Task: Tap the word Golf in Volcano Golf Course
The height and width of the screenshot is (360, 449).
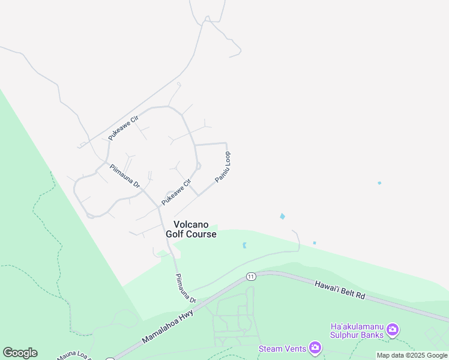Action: point(177,234)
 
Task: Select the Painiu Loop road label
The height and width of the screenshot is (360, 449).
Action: point(223,167)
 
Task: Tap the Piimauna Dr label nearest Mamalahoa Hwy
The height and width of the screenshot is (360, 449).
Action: point(185,289)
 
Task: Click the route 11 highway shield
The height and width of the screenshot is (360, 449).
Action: point(250,276)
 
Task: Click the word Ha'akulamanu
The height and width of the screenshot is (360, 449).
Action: point(356,326)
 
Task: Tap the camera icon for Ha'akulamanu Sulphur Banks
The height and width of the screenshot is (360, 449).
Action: point(393,329)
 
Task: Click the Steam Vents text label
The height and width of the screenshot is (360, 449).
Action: point(282,348)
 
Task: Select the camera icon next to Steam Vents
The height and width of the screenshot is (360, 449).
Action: point(315,348)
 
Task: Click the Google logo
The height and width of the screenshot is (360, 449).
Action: point(20,353)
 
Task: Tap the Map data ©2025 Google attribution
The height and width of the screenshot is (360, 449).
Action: point(412,356)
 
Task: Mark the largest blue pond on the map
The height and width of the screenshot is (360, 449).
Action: point(282,216)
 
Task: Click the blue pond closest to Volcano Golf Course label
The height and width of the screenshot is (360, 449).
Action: point(244,245)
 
